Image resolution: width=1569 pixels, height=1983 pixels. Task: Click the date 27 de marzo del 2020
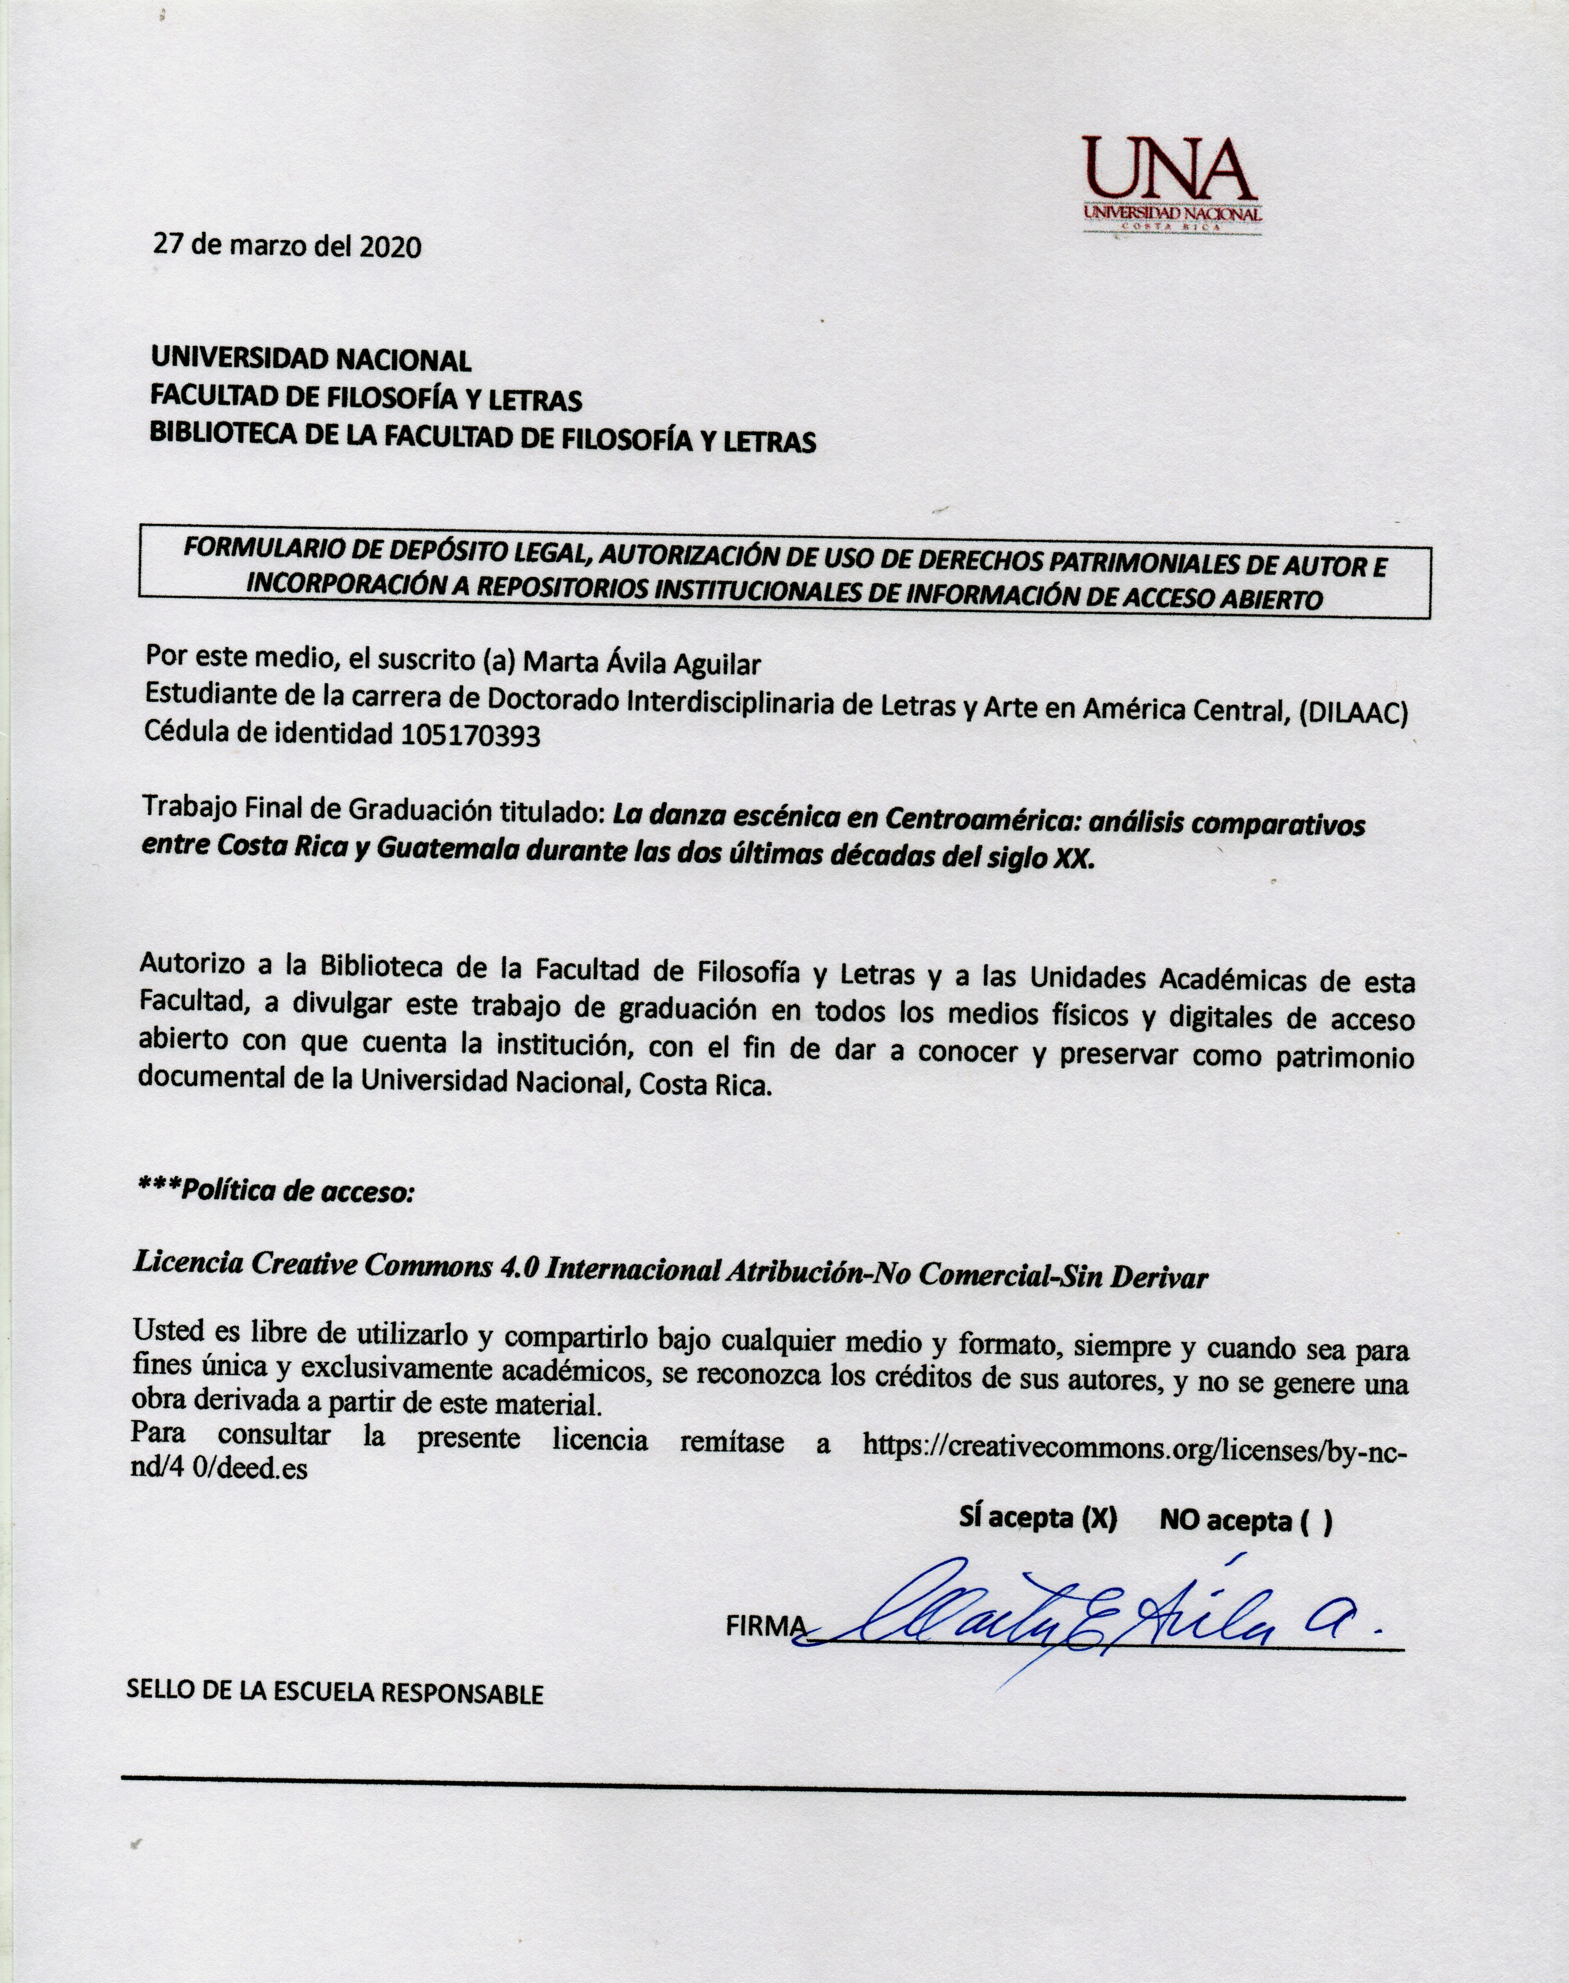coord(287,246)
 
